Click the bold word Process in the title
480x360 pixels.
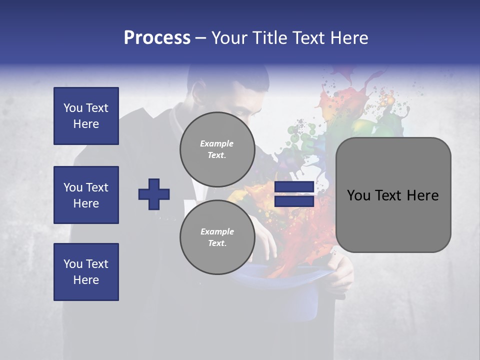pos(157,38)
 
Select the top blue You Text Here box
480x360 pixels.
pos(86,116)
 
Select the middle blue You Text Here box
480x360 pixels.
pos(86,195)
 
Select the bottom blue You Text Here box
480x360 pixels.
pos(86,271)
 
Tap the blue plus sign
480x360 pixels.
pos(154,194)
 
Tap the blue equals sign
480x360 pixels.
pos(294,194)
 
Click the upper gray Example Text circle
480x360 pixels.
pos(217,149)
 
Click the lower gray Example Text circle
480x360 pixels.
pos(217,237)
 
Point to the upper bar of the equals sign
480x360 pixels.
pos(294,187)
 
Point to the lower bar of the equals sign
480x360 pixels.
pos(294,201)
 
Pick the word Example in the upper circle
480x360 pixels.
pos(217,143)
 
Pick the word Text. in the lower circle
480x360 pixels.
pos(217,243)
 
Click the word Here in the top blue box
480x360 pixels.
pos(86,124)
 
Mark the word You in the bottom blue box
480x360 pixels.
pos(73,263)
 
